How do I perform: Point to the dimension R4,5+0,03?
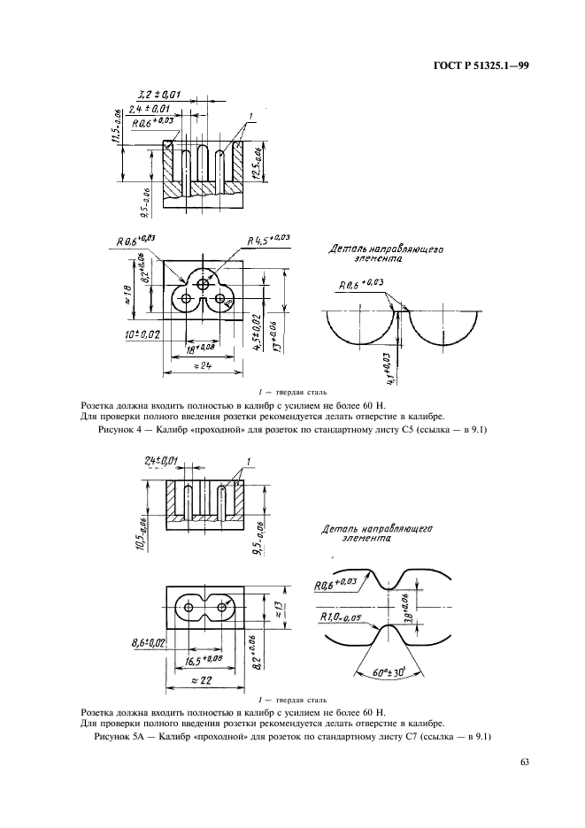tap(269, 239)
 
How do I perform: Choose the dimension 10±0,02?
tap(143, 335)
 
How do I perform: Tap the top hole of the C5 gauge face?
tap(204, 283)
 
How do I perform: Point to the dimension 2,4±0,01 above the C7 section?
tap(160, 459)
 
